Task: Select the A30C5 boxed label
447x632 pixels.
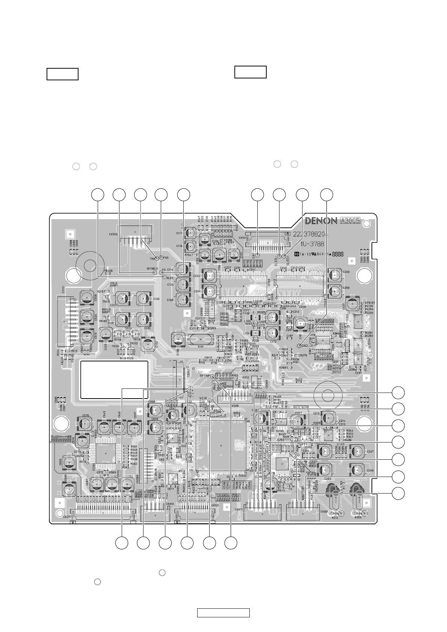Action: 350,221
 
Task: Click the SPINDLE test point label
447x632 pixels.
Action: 153,268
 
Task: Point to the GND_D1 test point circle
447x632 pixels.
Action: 299,345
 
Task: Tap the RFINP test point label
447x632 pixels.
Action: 205,375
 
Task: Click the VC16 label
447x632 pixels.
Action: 204,398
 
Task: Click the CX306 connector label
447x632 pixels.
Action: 113,234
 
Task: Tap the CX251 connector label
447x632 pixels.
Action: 68,516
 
